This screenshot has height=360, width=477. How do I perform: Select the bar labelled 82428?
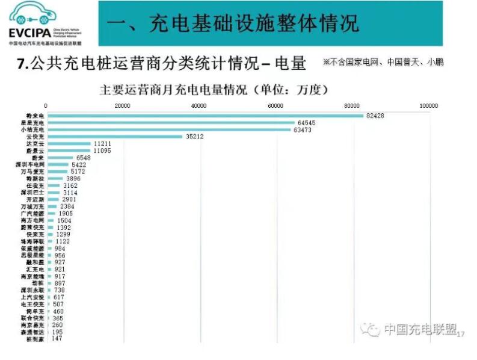tap(205, 116)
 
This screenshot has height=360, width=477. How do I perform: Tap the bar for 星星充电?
tap(171, 123)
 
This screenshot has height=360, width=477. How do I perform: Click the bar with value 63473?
tap(169, 130)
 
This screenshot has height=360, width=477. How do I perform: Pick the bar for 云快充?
tap(114, 137)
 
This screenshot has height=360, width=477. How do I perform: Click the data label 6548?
tap(83, 158)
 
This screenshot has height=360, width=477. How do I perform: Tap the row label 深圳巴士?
tap(33, 193)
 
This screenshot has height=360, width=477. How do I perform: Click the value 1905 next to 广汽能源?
tap(65, 214)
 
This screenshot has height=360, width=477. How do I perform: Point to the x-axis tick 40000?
tap(199, 106)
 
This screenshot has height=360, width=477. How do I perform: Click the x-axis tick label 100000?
tap(428, 106)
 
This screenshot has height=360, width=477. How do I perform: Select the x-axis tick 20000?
tap(123, 106)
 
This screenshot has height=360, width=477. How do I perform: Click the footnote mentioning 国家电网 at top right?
tap(383, 62)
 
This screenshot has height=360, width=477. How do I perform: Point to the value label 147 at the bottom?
tap(57, 339)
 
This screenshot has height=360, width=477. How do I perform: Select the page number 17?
tap(461, 335)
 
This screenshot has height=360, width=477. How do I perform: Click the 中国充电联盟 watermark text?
tap(419, 329)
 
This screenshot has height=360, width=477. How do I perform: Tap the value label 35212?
tap(194, 137)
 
